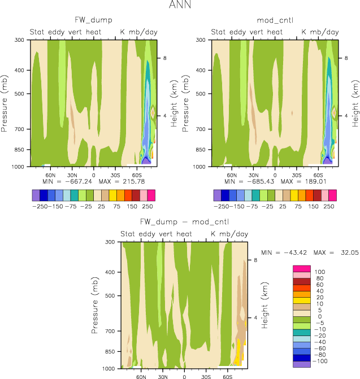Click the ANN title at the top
point(180,6)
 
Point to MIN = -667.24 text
point(67,182)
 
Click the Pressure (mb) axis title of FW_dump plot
point(5,103)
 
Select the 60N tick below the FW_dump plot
point(50,174)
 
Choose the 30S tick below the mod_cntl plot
point(297,174)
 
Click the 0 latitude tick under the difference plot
point(184,376)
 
